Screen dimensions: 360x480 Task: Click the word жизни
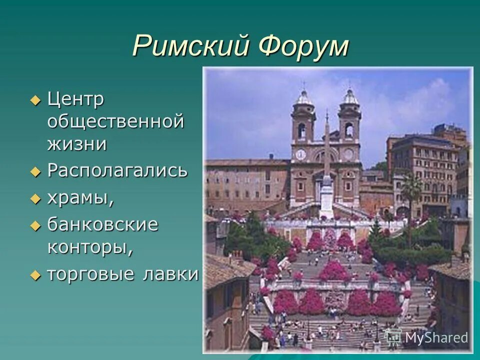[77, 144]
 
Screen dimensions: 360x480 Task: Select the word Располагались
[117, 171]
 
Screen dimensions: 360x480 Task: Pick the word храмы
[80, 198]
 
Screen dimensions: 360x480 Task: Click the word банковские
[103, 224]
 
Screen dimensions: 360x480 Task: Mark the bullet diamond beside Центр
[34, 99]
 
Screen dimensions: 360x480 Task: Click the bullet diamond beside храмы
[34, 198]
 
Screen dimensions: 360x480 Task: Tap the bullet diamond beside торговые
[34, 274]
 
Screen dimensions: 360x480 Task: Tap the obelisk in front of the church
[326, 165]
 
